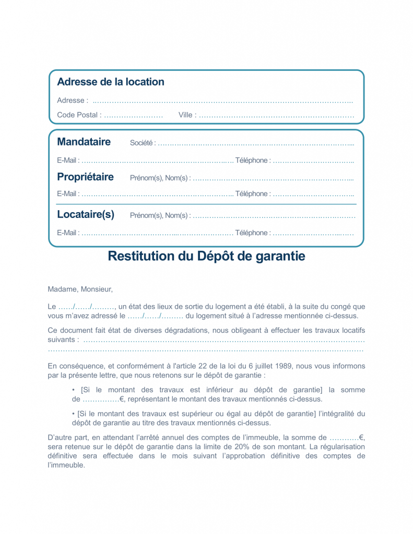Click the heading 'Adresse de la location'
[x=110, y=82]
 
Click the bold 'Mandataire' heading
[x=84, y=142]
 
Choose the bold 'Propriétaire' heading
[x=85, y=177]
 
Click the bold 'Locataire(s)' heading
[x=86, y=214]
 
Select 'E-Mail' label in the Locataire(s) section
[x=68, y=233]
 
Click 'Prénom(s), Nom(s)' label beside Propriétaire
[x=160, y=178]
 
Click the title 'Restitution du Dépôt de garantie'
[x=206, y=256]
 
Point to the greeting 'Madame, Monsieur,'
[x=80, y=289]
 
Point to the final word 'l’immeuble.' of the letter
[x=66, y=465]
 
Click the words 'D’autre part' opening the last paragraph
[x=66, y=437]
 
